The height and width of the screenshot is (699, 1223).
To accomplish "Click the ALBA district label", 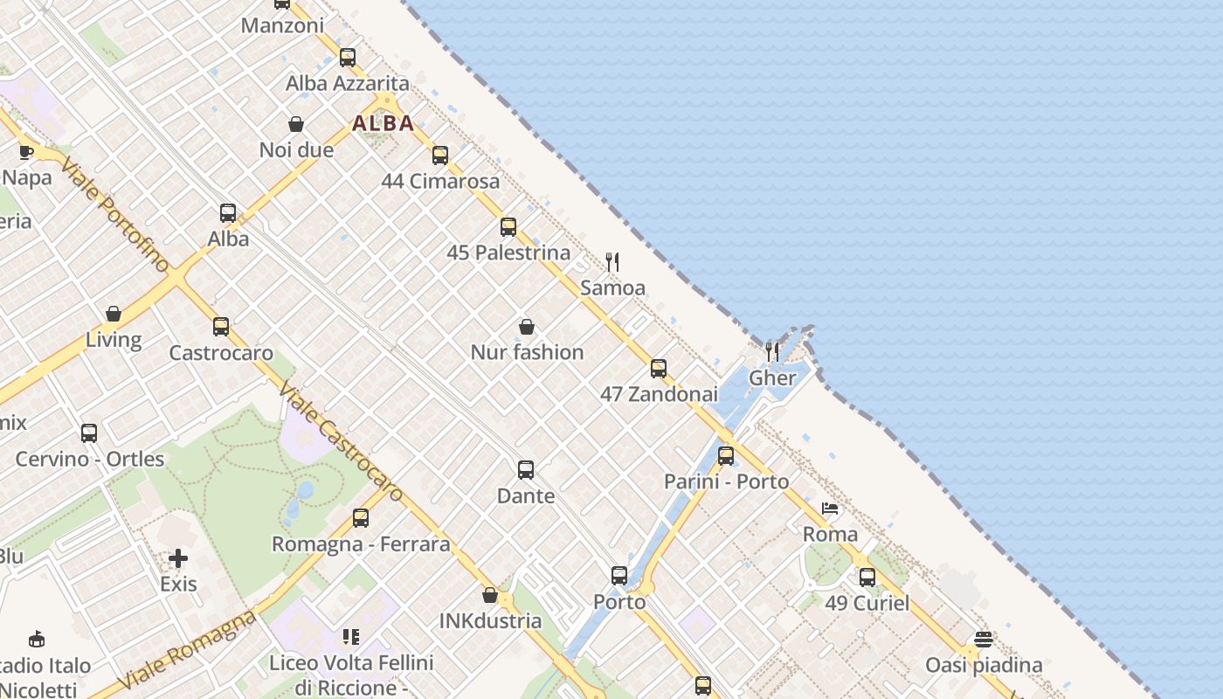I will click(383, 123).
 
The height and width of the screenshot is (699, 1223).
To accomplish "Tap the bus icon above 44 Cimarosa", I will click(440, 156).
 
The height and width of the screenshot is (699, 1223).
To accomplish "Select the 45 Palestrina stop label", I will click(508, 253).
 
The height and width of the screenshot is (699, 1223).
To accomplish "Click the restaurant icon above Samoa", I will click(612, 261).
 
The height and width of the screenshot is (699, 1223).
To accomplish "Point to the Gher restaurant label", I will click(773, 378).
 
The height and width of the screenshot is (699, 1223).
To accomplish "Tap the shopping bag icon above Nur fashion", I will click(527, 327).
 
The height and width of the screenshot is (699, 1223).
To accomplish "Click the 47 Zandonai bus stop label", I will click(659, 394).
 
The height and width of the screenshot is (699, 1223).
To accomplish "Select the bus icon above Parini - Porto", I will click(726, 455).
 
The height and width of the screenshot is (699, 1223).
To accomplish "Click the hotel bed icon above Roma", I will click(830, 509).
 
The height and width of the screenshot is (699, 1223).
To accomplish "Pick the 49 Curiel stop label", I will click(867, 603).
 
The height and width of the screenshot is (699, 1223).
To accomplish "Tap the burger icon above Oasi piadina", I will click(984, 639).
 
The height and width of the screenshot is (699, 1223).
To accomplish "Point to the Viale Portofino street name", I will click(114, 214).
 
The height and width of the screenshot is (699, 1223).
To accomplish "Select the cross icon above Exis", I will click(178, 557).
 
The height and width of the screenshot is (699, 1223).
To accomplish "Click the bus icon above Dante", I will click(525, 470).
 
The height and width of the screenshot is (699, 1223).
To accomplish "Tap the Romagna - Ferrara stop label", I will click(361, 544).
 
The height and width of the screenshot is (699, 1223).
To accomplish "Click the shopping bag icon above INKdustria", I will click(490, 595).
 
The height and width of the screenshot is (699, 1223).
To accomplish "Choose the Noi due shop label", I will click(296, 150).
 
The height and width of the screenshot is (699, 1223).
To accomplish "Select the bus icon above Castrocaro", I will click(221, 327).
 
